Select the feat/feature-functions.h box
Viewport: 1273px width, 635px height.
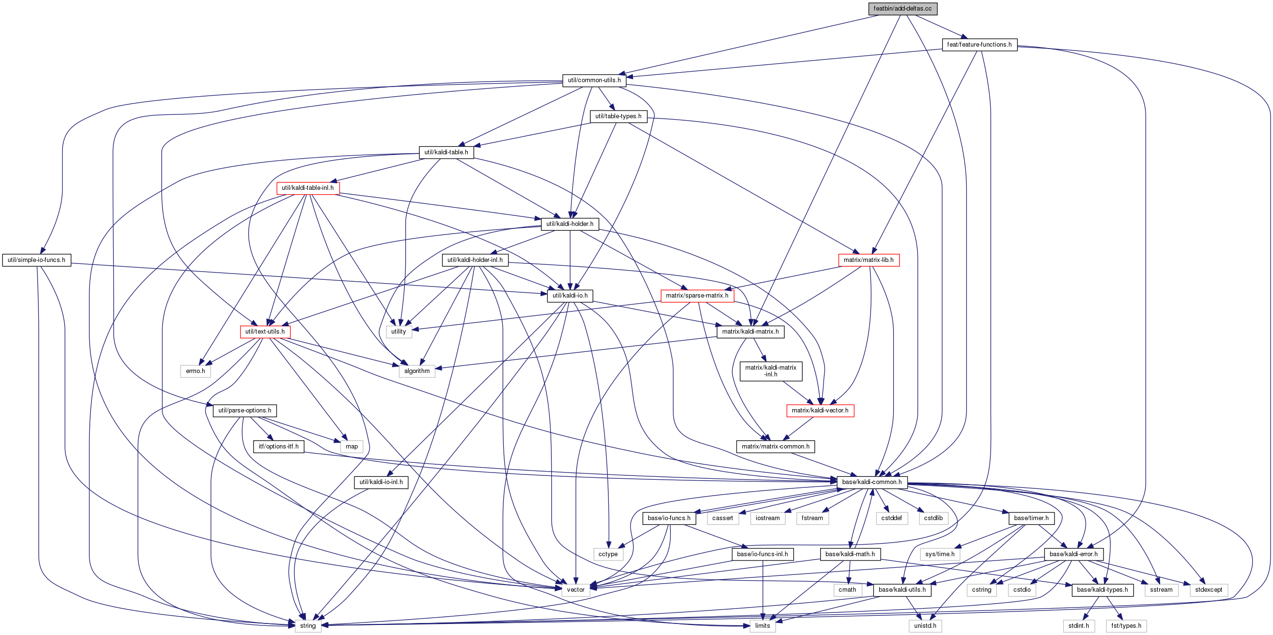pyautogui.click(x=979, y=45)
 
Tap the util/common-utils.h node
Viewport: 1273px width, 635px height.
pyautogui.click(x=594, y=80)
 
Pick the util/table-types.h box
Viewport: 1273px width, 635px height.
pyautogui.click(x=618, y=116)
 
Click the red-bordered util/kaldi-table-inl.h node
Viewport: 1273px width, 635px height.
pyautogui.click(x=307, y=188)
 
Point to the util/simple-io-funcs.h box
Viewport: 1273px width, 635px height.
pyautogui.click(x=36, y=260)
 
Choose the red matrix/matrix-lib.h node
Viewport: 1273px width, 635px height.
pyautogui.click(x=868, y=260)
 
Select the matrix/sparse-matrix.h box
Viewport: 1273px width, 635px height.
pyautogui.click(x=697, y=296)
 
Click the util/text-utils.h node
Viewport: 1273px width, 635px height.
pyautogui.click(x=265, y=332)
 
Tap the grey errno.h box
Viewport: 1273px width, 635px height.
pyautogui.click(x=195, y=371)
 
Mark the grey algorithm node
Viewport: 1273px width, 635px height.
pyautogui.click(x=417, y=371)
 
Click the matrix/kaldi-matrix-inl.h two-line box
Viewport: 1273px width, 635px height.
pyautogui.click(x=770, y=371)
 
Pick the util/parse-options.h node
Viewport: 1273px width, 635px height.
pyautogui.click(x=244, y=411)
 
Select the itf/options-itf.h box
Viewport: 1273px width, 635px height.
pyautogui.click(x=278, y=447)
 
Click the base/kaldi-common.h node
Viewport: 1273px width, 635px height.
pyautogui.click(x=872, y=482)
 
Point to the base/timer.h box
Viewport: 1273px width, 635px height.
pyautogui.click(x=1031, y=518)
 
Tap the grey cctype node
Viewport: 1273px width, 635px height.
pyautogui.click(x=608, y=554)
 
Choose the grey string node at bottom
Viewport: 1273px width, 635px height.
pyautogui.click(x=307, y=626)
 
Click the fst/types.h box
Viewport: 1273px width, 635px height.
pyautogui.click(x=1126, y=626)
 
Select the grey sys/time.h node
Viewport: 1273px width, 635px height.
pyautogui.click(x=939, y=554)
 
